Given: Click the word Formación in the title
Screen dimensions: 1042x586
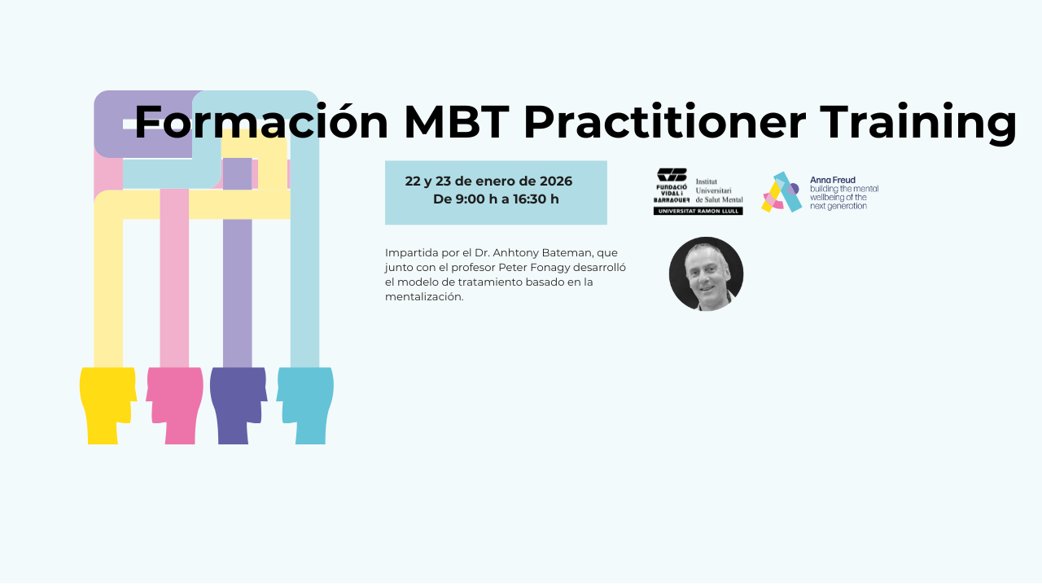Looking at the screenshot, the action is tap(261, 122).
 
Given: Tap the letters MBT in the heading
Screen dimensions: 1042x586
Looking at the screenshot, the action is tap(457, 122).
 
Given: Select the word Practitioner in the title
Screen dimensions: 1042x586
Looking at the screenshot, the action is tap(665, 122).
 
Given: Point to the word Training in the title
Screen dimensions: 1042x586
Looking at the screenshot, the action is tap(917, 124).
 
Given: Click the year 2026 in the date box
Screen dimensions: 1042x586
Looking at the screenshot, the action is tap(556, 181).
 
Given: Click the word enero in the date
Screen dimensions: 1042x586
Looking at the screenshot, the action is tap(504, 181).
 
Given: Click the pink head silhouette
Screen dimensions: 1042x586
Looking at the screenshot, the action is tap(175, 405).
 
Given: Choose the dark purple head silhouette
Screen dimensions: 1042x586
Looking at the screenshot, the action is tap(239, 405).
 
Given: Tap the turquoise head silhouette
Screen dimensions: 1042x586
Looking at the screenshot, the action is tap(305, 405).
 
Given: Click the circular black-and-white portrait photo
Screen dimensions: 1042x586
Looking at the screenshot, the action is tap(706, 274).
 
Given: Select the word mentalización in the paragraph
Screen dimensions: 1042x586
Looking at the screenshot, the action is tap(424, 297).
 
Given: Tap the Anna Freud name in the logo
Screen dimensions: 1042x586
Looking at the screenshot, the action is tap(833, 180).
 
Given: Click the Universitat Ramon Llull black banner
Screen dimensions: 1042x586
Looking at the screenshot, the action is tap(698, 211).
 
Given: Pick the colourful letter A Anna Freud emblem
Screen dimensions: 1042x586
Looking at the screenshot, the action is tap(782, 192).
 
